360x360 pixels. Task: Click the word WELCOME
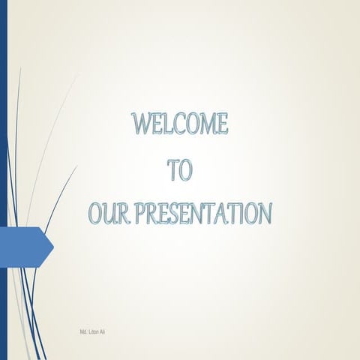pyautogui.click(x=180, y=124)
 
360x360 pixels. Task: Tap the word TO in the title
pyautogui.click(x=180, y=170)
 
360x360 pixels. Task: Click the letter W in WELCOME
pyautogui.click(x=140, y=124)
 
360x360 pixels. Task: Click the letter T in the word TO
pyautogui.click(x=172, y=170)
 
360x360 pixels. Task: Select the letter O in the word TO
pyautogui.click(x=186, y=170)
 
